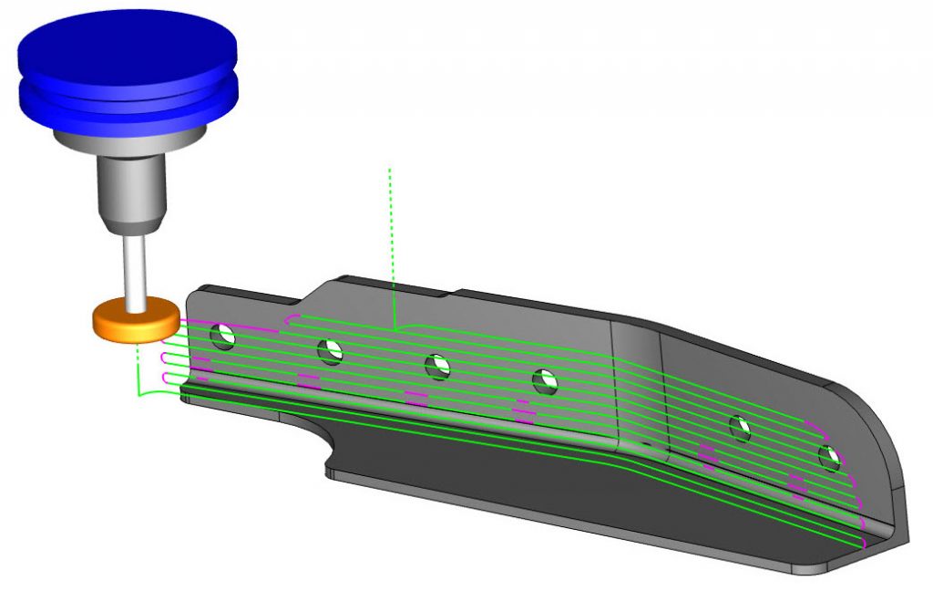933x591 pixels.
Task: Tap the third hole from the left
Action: tap(438, 366)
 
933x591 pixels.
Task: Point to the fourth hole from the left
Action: tap(545, 379)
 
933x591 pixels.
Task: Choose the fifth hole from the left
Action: tap(740, 428)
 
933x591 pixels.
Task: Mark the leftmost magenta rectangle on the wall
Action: tap(201, 368)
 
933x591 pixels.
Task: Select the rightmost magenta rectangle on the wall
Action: tap(797, 485)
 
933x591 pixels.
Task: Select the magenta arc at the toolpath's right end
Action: tap(853, 474)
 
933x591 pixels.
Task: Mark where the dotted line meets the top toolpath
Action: tap(393, 327)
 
